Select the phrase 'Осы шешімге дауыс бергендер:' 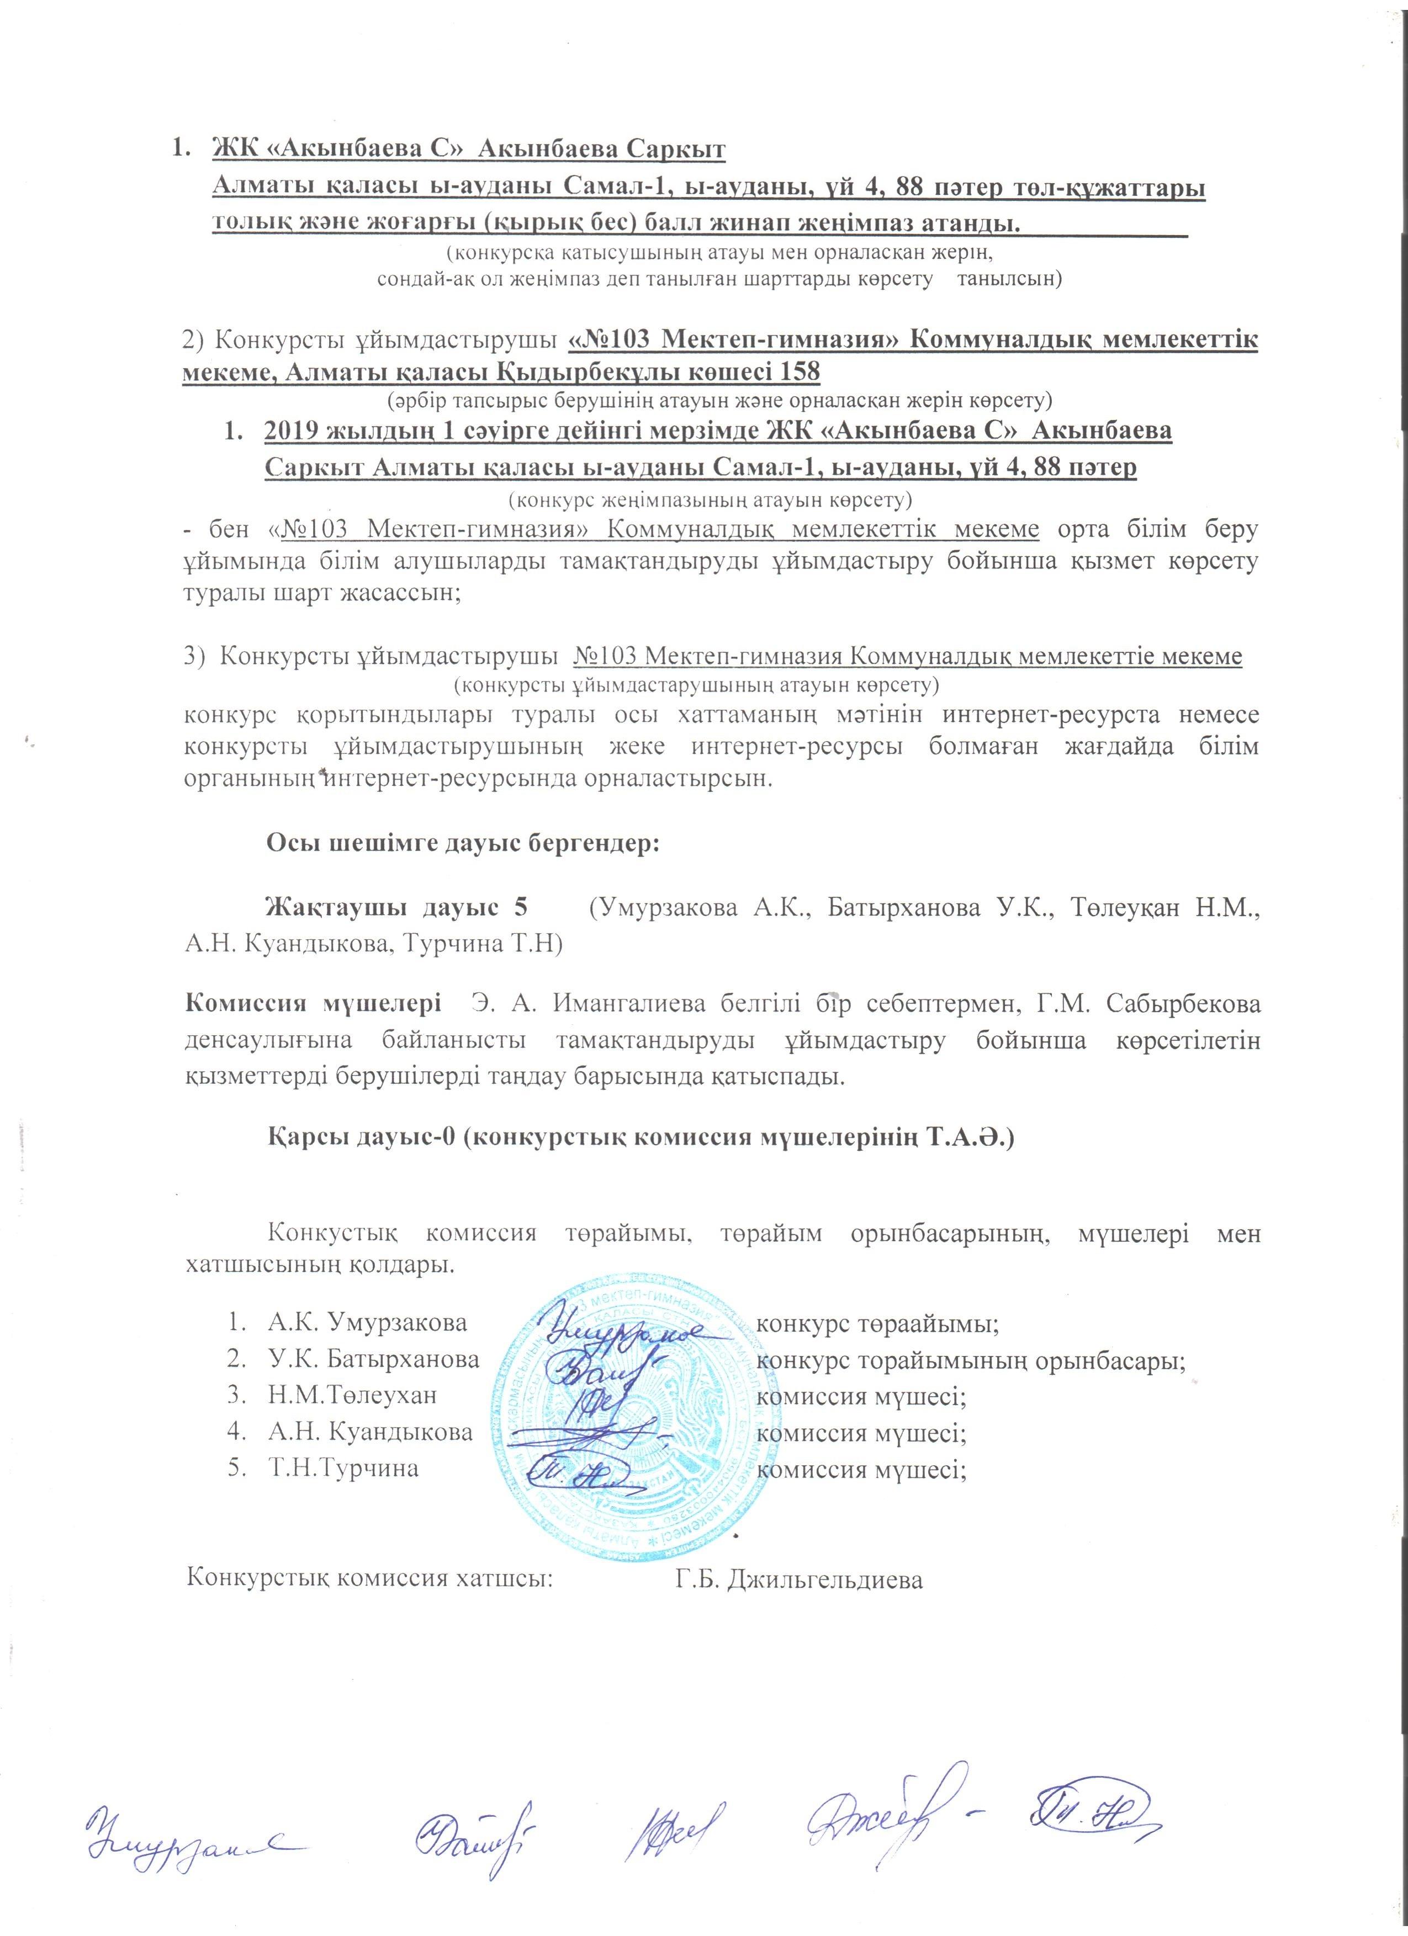pyautogui.click(x=464, y=843)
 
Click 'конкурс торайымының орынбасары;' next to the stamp pyautogui.click(x=971, y=1360)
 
